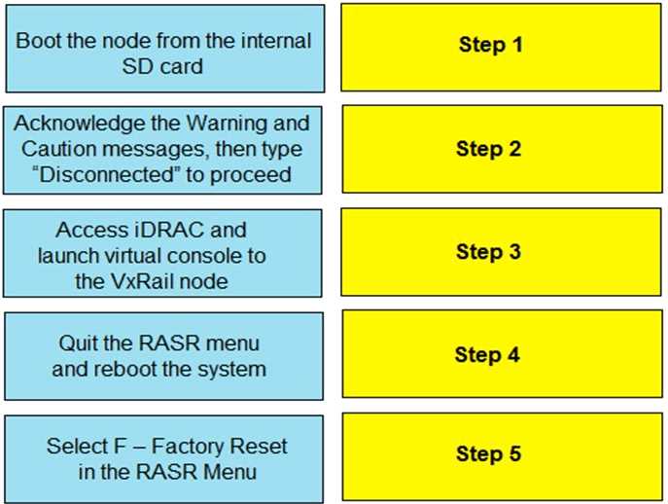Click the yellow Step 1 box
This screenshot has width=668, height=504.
click(x=501, y=48)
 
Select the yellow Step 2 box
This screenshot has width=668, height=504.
click(x=502, y=149)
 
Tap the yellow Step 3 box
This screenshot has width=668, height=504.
click(x=501, y=252)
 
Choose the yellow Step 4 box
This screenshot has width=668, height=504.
click(x=502, y=354)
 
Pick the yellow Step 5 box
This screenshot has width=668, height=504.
click(x=502, y=456)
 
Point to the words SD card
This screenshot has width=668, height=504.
click(x=162, y=66)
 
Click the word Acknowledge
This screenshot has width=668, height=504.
click(x=79, y=125)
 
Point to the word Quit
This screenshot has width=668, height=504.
click(x=77, y=343)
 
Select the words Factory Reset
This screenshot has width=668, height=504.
click(x=220, y=447)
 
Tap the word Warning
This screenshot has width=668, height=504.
click(x=228, y=125)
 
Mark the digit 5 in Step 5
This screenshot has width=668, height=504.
click(x=515, y=453)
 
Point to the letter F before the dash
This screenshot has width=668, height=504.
click(x=121, y=447)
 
